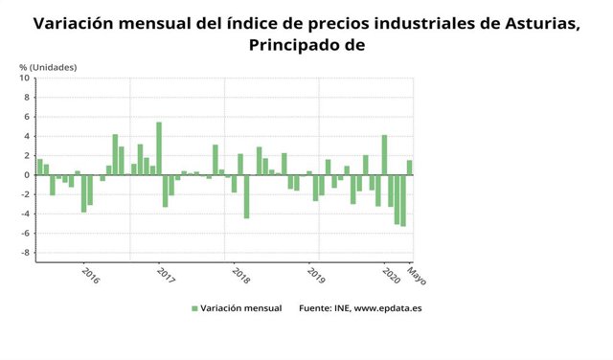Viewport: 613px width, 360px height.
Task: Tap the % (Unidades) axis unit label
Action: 48,67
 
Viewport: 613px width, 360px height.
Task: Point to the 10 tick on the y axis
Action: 26,79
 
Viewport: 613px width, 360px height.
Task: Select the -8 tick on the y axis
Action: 26,253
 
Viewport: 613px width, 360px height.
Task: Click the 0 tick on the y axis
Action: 28,175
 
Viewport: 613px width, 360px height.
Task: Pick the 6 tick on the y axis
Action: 28,117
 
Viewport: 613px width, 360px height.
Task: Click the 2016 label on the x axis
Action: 90,275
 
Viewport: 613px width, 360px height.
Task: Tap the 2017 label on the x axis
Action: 165,275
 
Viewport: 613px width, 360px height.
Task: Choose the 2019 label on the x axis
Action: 315,275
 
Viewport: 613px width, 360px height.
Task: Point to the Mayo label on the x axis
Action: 416,277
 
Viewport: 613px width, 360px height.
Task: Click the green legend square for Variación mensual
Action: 194,308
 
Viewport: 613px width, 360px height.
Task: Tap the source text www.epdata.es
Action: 388,308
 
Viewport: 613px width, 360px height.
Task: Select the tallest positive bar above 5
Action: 159,148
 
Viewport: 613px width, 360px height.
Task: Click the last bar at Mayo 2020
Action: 409,168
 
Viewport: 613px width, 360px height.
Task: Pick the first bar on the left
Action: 39,167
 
